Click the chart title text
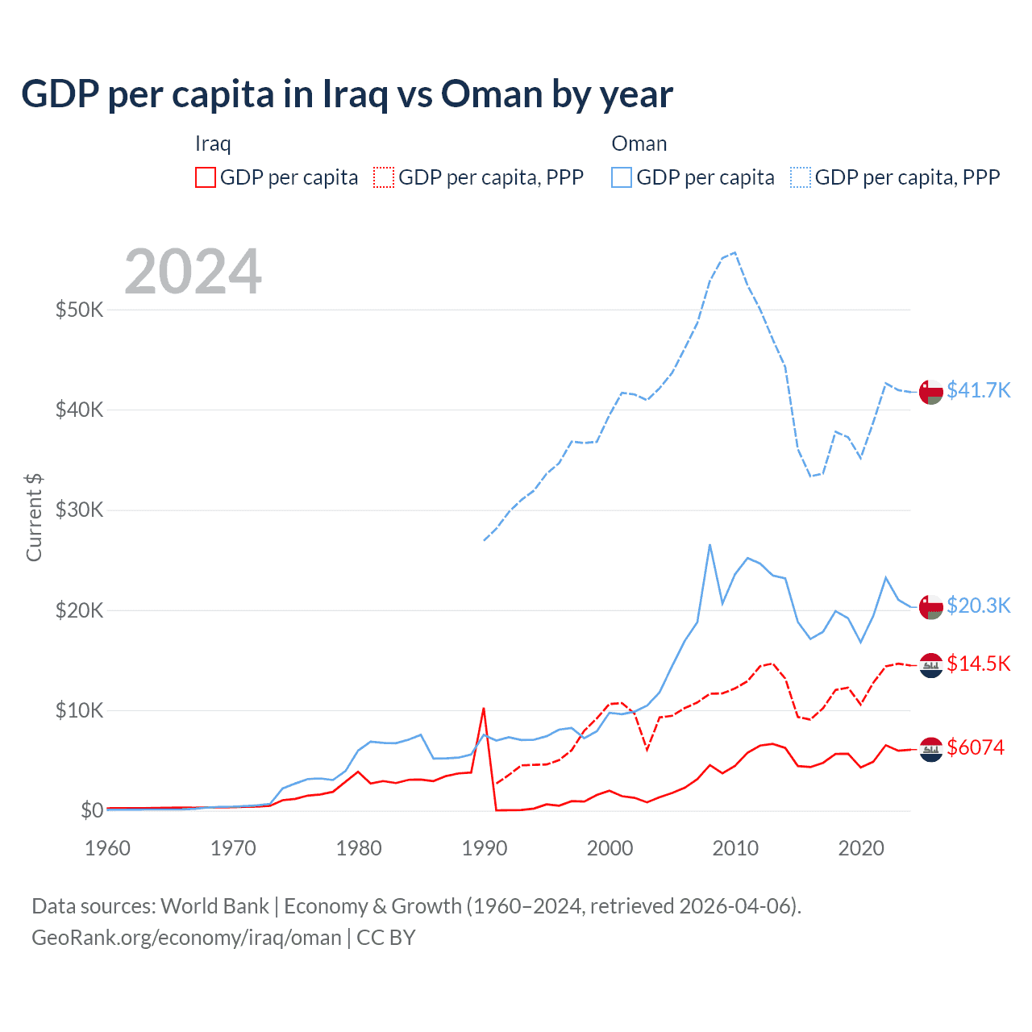click(x=347, y=94)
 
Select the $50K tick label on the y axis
click(x=79, y=310)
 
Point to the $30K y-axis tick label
click(x=79, y=510)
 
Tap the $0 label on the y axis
click(x=92, y=810)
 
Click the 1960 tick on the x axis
click(x=107, y=848)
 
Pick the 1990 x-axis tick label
click(x=484, y=848)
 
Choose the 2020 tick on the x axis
click(x=861, y=848)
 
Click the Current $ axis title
click(x=34, y=518)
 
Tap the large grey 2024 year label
click(x=193, y=272)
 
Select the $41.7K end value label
click(x=978, y=390)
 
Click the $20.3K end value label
click(x=978, y=605)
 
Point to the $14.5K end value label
click(x=978, y=664)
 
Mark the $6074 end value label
click(x=976, y=747)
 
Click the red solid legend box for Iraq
click(x=206, y=177)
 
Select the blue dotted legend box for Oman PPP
click(x=801, y=177)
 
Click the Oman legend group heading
click(x=639, y=144)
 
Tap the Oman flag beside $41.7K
click(x=931, y=392)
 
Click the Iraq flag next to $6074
click(x=931, y=750)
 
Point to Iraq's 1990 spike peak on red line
click(x=483, y=709)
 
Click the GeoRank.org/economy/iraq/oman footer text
click(x=186, y=938)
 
